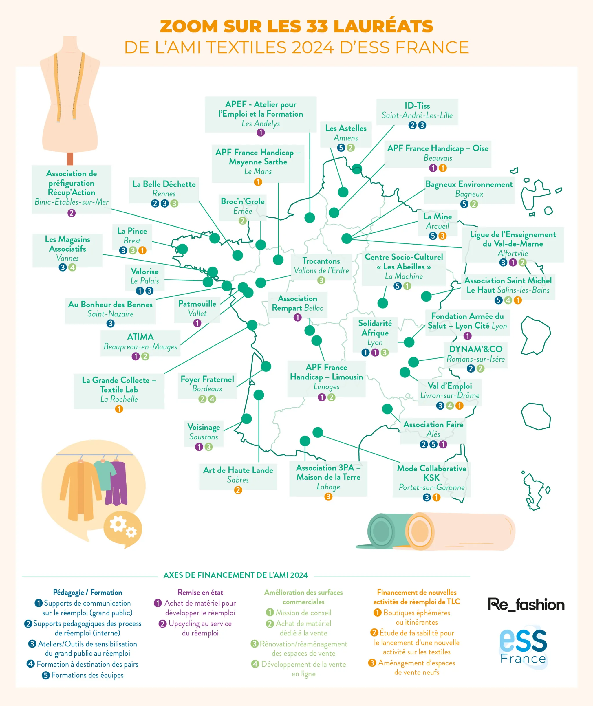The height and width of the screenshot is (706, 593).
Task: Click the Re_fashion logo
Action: [526, 605]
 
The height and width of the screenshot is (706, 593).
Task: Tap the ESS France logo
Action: [524, 648]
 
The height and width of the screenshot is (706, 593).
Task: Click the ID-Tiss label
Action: [417, 106]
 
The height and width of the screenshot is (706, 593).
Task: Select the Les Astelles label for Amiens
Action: [346, 129]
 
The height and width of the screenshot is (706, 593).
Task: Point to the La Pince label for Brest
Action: [132, 231]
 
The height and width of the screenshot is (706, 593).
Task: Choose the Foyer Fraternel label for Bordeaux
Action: [207, 379]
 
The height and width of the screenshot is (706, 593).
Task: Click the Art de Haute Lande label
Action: [238, 470]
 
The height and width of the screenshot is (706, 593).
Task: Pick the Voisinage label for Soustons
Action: [204, 427]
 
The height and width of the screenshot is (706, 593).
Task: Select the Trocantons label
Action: [321, 261]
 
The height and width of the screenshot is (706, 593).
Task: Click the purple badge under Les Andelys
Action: [261, 133]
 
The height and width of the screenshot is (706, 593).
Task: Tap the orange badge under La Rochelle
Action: [119, 409]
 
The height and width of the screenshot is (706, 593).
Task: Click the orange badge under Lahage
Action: [328, 496]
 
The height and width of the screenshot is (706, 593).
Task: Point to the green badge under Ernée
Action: [243, 221]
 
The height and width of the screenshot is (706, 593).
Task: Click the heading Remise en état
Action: [200, 592]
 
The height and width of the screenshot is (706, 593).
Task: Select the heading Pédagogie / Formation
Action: [87, 592]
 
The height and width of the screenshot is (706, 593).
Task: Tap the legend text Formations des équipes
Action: [87, 675]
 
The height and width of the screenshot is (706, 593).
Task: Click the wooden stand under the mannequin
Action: [70, 159]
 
